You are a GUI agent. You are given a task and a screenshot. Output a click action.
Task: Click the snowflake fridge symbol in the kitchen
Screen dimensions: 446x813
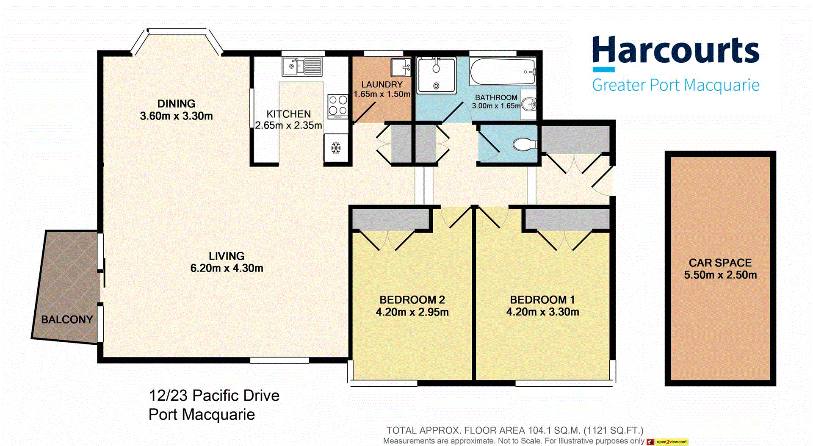coord(336,148)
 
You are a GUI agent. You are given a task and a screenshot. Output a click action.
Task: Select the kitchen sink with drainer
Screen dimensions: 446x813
coord(302,67)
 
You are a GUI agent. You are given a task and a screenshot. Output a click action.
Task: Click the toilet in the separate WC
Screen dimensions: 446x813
coord(523,145)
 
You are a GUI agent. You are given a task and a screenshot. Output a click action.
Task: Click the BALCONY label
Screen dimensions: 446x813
coord(67,319)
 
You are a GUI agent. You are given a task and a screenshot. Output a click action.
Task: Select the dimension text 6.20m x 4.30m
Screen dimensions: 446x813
coord(227,268)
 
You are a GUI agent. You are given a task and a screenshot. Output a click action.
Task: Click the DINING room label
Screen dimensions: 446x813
coord(176,104)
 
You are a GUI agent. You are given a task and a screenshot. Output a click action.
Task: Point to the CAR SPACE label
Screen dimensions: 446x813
coord(720,263)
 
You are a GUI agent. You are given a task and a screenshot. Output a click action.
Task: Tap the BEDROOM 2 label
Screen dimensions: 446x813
coord(412,300)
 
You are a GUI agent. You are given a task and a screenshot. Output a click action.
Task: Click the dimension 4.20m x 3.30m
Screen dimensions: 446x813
coord(542,312)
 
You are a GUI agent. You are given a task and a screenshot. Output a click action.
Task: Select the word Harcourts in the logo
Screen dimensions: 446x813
coord(675,50)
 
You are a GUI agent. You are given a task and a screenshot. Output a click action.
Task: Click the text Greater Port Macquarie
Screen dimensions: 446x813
coord(675,85)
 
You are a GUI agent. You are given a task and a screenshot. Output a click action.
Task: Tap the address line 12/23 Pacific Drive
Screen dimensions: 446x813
coord(214,396)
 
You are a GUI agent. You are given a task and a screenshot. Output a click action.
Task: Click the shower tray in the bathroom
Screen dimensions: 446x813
coord(437,75)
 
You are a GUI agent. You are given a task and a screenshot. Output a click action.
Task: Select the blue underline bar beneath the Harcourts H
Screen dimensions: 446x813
coord(603,69)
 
